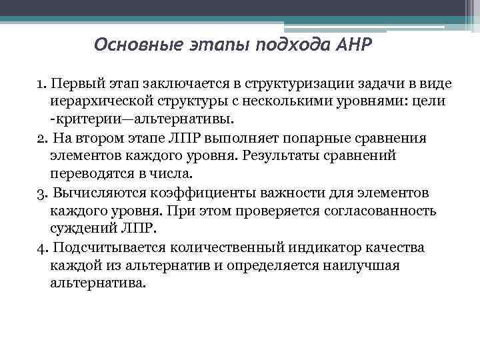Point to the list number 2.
(x=41, y=138)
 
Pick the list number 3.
(x=41, y=193)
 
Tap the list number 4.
(x=41, y=247)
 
